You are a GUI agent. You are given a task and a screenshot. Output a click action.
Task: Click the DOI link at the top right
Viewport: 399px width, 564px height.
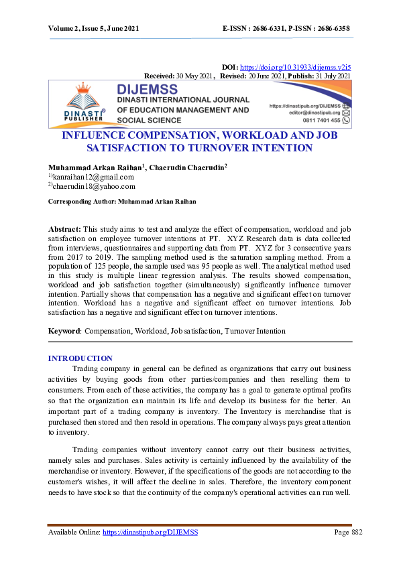point(295,68)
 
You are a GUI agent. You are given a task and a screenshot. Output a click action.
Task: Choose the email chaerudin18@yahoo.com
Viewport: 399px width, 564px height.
point(95,186)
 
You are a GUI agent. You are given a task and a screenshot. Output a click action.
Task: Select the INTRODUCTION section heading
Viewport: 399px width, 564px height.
point(80,358)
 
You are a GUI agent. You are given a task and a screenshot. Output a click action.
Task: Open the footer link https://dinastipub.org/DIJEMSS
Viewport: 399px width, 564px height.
point(150,532)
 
